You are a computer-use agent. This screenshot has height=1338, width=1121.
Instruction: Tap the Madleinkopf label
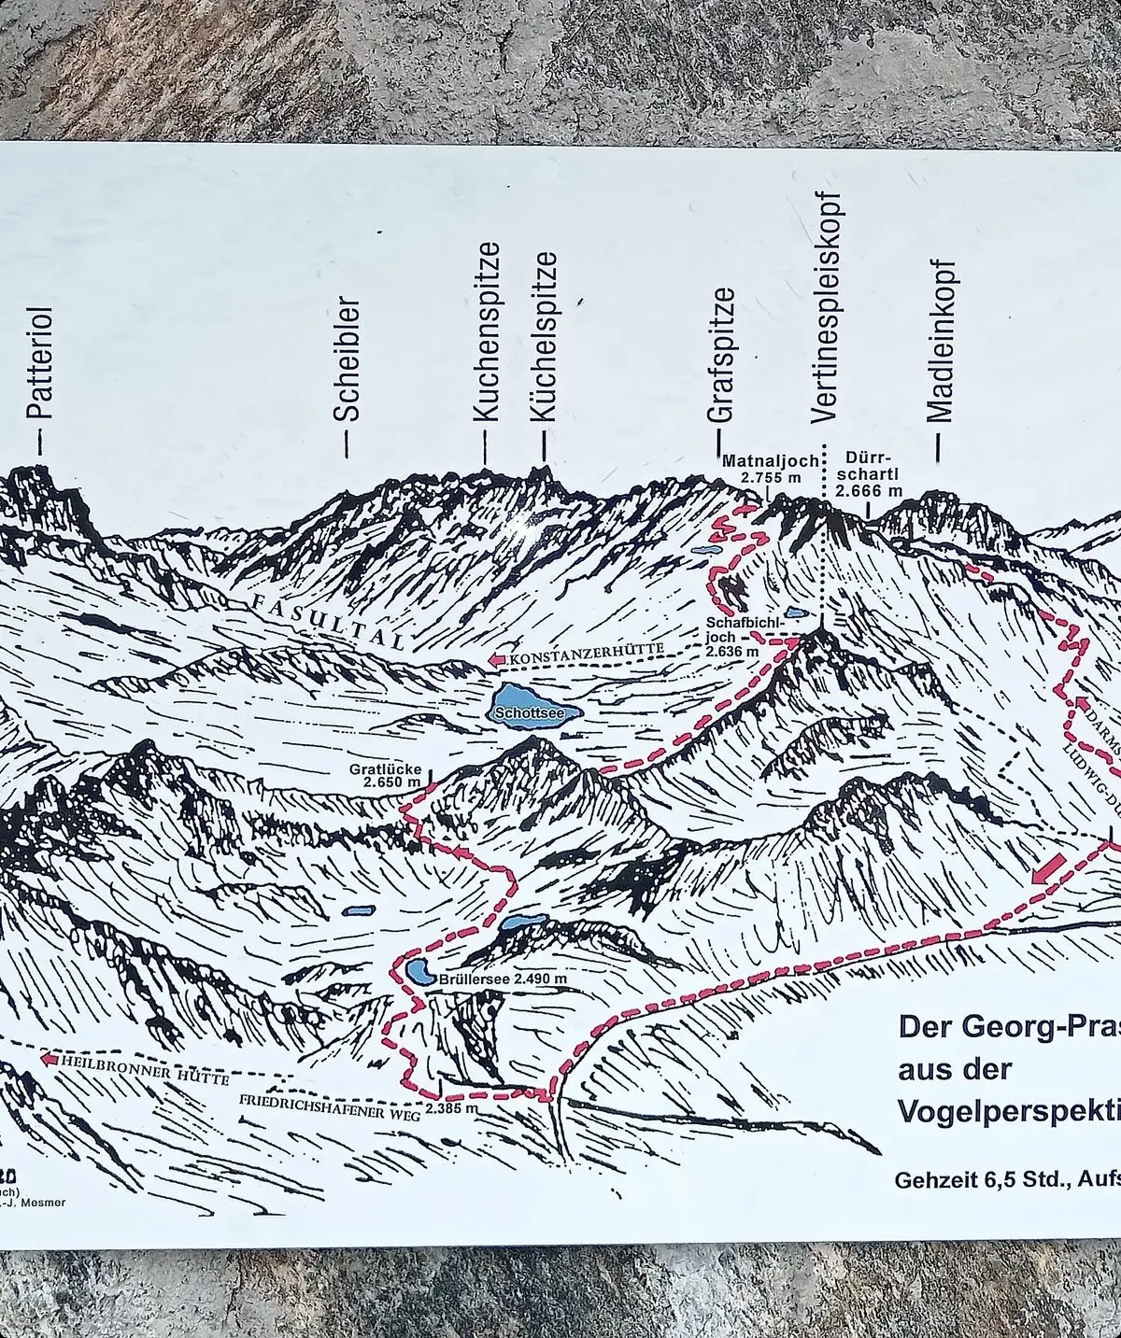tap(942, 341)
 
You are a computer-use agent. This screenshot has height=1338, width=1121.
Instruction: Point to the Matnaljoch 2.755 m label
tap(771, 469)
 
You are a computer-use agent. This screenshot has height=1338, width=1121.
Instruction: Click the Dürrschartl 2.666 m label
tap(869, 473)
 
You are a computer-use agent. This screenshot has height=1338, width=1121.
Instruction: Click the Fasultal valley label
tap(326, 619)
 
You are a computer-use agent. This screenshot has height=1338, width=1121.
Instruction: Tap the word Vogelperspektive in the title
tap(1009, 1110)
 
